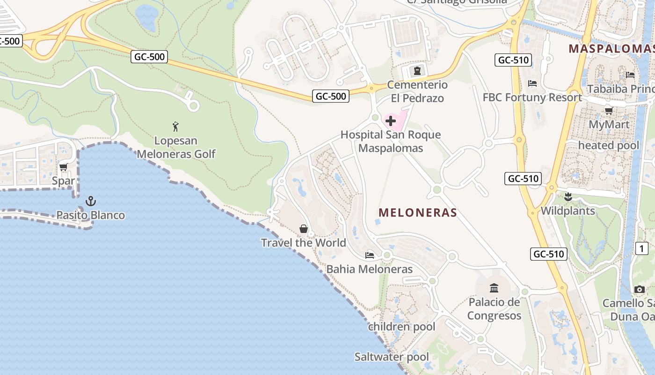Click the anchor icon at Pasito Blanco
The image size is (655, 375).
pos(90,202)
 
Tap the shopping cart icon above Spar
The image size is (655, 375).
pos(64,167)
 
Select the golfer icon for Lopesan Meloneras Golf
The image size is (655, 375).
pos(175,127)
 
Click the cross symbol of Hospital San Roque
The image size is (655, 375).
pos(391,121)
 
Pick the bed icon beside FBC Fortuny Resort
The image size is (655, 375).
pos(532,83)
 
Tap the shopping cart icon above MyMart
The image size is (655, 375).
pos(609,111)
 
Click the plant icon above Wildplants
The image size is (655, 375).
pos(568,197)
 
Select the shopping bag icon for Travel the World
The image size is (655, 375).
pos(304,229)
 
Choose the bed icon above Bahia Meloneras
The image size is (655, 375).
pos(370,255)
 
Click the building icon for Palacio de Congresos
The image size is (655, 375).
pos(494,288)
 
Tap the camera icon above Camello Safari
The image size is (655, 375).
pos(640,289)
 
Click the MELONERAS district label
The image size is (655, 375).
pos(417,213)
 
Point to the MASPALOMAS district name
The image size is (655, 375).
pos(611,48)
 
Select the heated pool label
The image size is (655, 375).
pos(608,145)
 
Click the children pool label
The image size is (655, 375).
pos(401,327)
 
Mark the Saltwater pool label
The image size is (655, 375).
pos(392,357)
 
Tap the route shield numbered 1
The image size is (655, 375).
pos(642,248)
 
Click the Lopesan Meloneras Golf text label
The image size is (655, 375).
pos(176,147)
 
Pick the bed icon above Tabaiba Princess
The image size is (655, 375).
pos(630,75)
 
